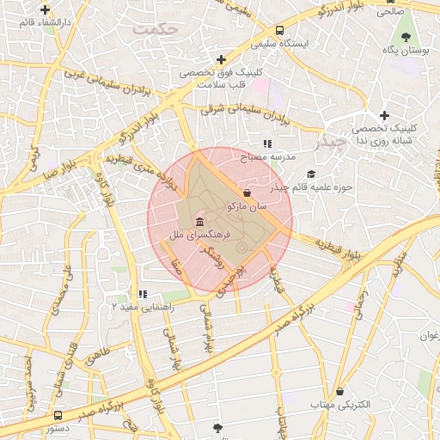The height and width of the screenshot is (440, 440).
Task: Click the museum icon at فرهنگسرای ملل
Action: (188, 223)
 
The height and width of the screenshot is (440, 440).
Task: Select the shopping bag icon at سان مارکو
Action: (247, 192)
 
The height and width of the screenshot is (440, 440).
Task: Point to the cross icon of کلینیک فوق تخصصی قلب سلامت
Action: (222, 59)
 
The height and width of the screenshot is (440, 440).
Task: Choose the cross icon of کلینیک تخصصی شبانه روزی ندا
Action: (384, 115)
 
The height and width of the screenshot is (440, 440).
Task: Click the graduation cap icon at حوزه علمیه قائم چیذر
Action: (311, 174)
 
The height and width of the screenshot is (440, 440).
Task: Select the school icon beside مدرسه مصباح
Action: (267, 144)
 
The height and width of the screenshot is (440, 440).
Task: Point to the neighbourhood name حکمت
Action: (156, 29)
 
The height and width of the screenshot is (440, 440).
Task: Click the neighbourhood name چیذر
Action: (327, 140)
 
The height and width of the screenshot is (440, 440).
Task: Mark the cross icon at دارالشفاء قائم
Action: (45, 10)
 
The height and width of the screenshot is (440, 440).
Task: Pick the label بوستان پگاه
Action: (406, 52)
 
